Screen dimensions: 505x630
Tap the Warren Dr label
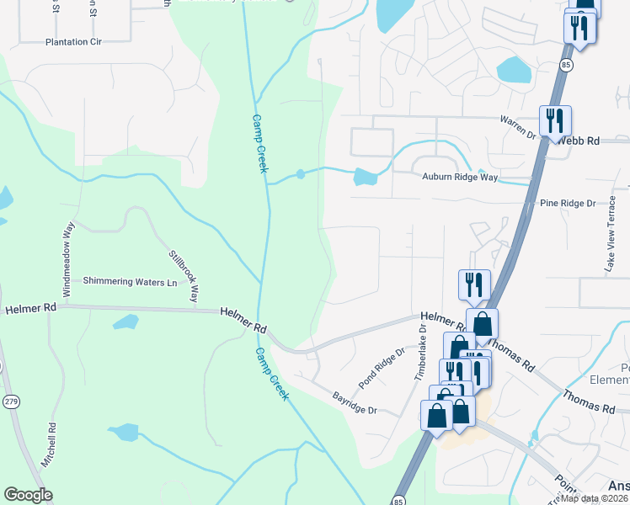[518, 126]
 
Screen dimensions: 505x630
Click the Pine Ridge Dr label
[568, 204]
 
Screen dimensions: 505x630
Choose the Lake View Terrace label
[611, 239]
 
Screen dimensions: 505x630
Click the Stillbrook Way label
[184, 276]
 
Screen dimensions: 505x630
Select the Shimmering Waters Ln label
[131, 282]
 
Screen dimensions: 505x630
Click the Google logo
[28, 495]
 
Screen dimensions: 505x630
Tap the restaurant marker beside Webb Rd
[555, 120]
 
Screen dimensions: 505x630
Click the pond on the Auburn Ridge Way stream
[365, 177]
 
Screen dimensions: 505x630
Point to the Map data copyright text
[595, 498]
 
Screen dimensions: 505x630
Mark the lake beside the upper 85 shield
[514, 70]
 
